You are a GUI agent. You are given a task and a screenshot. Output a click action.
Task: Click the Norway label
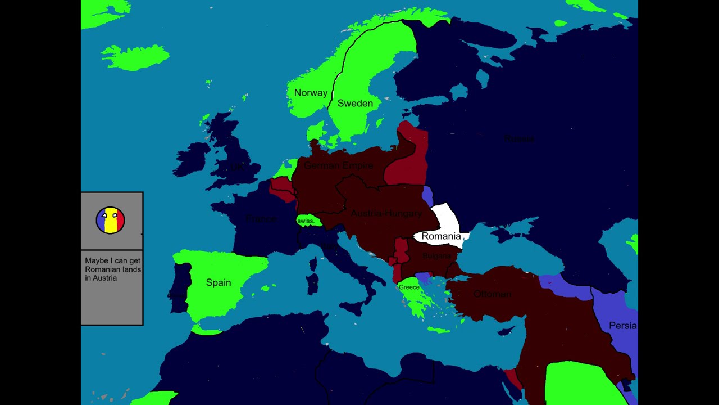(311, 93)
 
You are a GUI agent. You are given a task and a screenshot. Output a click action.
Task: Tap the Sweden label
(355, 103)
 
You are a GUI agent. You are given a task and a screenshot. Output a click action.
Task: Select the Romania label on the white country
(441, 236)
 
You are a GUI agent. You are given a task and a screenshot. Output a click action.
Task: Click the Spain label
(219, 282)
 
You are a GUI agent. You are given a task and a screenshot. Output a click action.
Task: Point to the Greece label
(409, 287)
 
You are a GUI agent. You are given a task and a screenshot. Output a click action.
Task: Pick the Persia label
(622, 326)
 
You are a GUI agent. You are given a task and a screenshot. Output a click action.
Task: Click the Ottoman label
(492, 294)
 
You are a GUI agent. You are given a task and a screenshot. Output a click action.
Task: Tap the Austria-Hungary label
(386, 213)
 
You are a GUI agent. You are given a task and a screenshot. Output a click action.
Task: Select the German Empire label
(338, 165)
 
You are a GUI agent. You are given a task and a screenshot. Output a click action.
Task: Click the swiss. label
(306, 221)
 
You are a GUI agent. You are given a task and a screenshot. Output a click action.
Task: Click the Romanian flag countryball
(110, 220)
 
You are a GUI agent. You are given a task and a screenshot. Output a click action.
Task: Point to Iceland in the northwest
(135, 56)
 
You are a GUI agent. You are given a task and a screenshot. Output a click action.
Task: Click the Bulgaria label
(436, 256)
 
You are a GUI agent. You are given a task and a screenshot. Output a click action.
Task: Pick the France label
(261, 219)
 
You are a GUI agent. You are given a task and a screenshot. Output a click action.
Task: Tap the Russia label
(518, 138)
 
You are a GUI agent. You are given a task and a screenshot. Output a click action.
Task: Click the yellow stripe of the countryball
(110, 220)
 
